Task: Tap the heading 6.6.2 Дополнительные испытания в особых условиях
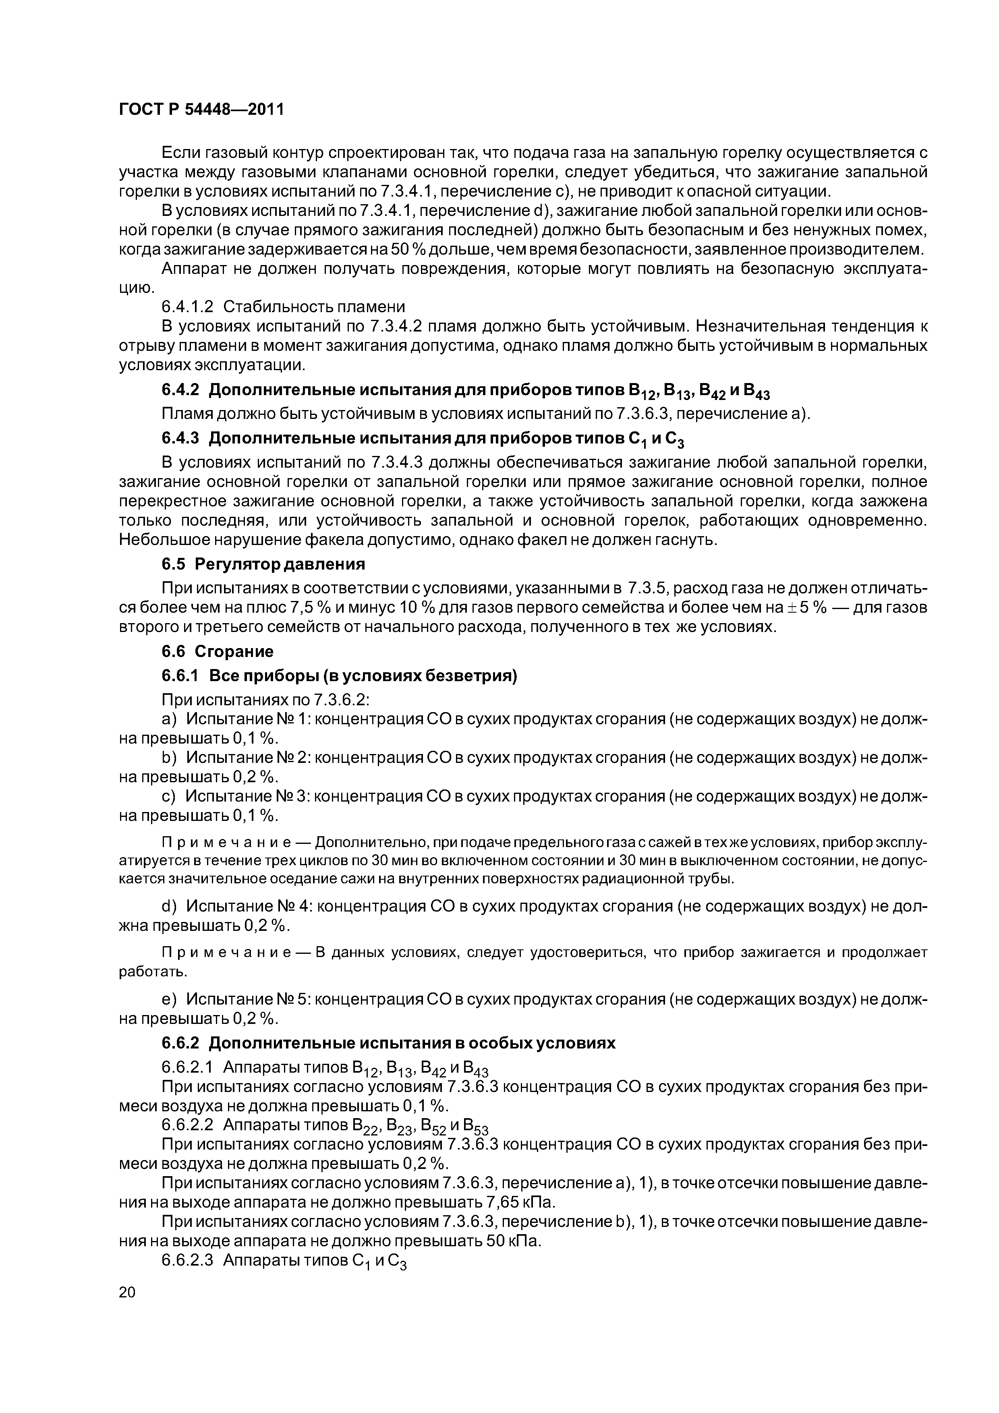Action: click(388, 1044)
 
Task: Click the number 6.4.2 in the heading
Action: click(180, 390)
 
